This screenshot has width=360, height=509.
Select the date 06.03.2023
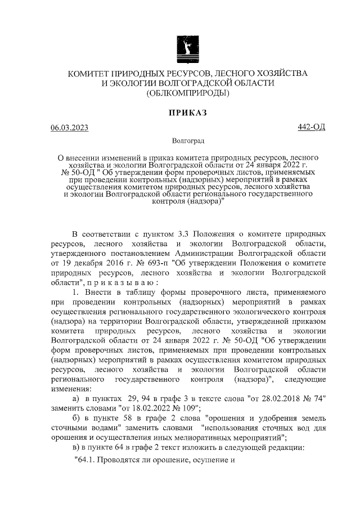tap(69, 128)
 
